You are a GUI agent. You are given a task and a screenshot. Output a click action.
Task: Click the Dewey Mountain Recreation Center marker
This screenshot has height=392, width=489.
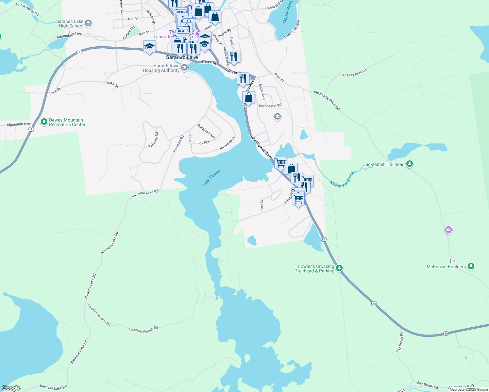[x=44, y=122]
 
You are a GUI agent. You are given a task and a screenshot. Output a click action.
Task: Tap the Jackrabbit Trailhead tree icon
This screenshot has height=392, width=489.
[x=410, y=164]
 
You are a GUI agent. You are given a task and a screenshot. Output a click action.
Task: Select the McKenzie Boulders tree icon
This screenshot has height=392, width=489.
[x=471, y=267]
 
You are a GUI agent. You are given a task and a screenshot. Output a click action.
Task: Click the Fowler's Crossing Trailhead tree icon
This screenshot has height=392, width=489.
[x=340, y=268]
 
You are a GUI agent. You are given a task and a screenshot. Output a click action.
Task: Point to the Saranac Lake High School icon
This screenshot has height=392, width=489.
[x=88, y=24]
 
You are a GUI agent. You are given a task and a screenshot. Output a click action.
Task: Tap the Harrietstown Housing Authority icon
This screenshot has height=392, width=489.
[x=184, y=68]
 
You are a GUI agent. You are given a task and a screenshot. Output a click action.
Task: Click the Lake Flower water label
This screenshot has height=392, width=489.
[x=211, y=178]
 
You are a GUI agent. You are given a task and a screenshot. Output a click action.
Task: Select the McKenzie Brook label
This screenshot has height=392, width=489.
[x=342, y=179]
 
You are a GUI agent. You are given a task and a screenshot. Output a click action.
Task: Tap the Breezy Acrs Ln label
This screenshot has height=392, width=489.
[x=355, y=73]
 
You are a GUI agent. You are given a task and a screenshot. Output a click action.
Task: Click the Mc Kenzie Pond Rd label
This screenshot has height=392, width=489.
[x=327, y=100]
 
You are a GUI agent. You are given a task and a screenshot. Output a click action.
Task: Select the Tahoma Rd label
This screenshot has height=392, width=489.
[x=153, y=140]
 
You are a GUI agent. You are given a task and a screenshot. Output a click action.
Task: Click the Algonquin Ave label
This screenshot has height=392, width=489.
[x=18, y=124]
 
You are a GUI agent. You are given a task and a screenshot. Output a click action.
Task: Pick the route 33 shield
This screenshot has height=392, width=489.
[x=453, y=261]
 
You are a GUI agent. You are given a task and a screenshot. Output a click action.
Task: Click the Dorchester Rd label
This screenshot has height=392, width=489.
[x=270, y=106]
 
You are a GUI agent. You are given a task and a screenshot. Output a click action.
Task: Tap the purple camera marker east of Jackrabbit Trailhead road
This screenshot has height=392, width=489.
[x=448, y=230]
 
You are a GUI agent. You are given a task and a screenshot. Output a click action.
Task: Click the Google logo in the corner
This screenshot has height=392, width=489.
[x=11, y=388]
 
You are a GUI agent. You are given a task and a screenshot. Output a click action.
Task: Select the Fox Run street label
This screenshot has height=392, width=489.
[x=204, y=143]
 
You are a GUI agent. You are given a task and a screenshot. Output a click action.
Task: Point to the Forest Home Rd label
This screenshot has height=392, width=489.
[x=27, y=9]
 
